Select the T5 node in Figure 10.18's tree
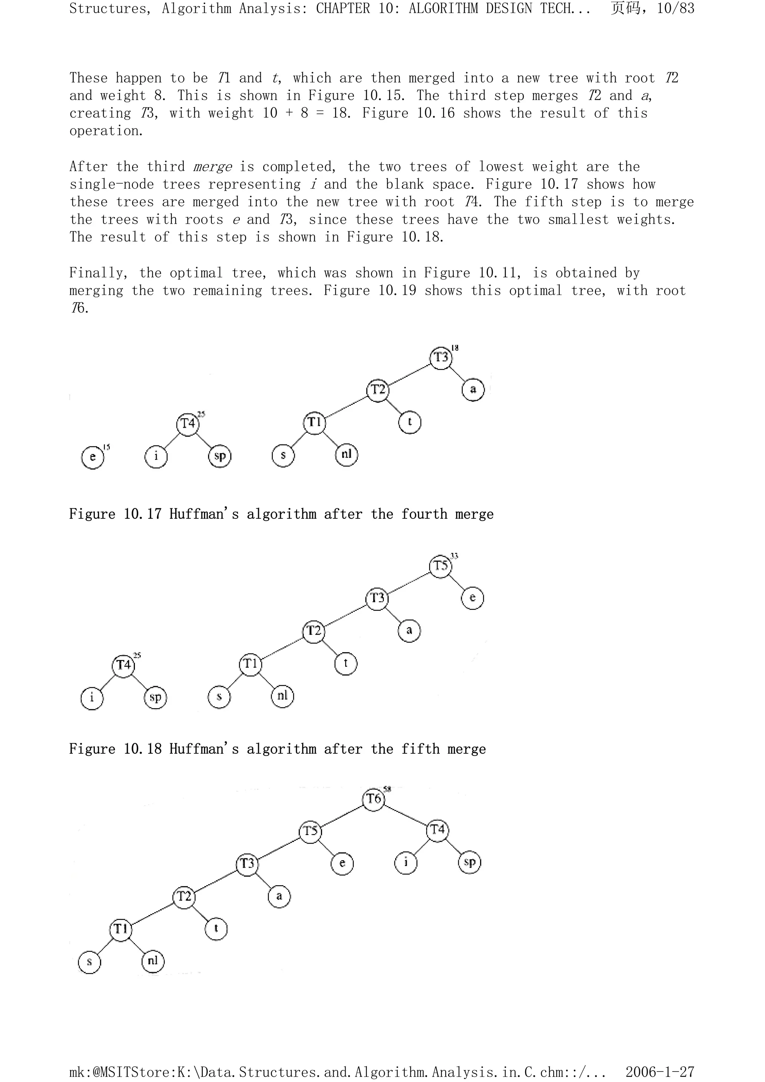click(441, 565)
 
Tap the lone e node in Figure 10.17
click(92, 457)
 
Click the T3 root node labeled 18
click(441, 357)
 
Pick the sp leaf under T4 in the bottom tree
click(470, 862)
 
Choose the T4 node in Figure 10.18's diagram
click(124, 665)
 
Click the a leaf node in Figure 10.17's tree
click(473, 390)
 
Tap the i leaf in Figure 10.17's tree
click(156, 456)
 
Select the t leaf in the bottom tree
click(216, 929)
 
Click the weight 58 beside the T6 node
click(387, 789)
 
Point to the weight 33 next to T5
click(454, 556)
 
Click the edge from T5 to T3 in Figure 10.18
click(409, 582)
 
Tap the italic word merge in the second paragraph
click(212, 167)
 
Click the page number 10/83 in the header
click(675, 9)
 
